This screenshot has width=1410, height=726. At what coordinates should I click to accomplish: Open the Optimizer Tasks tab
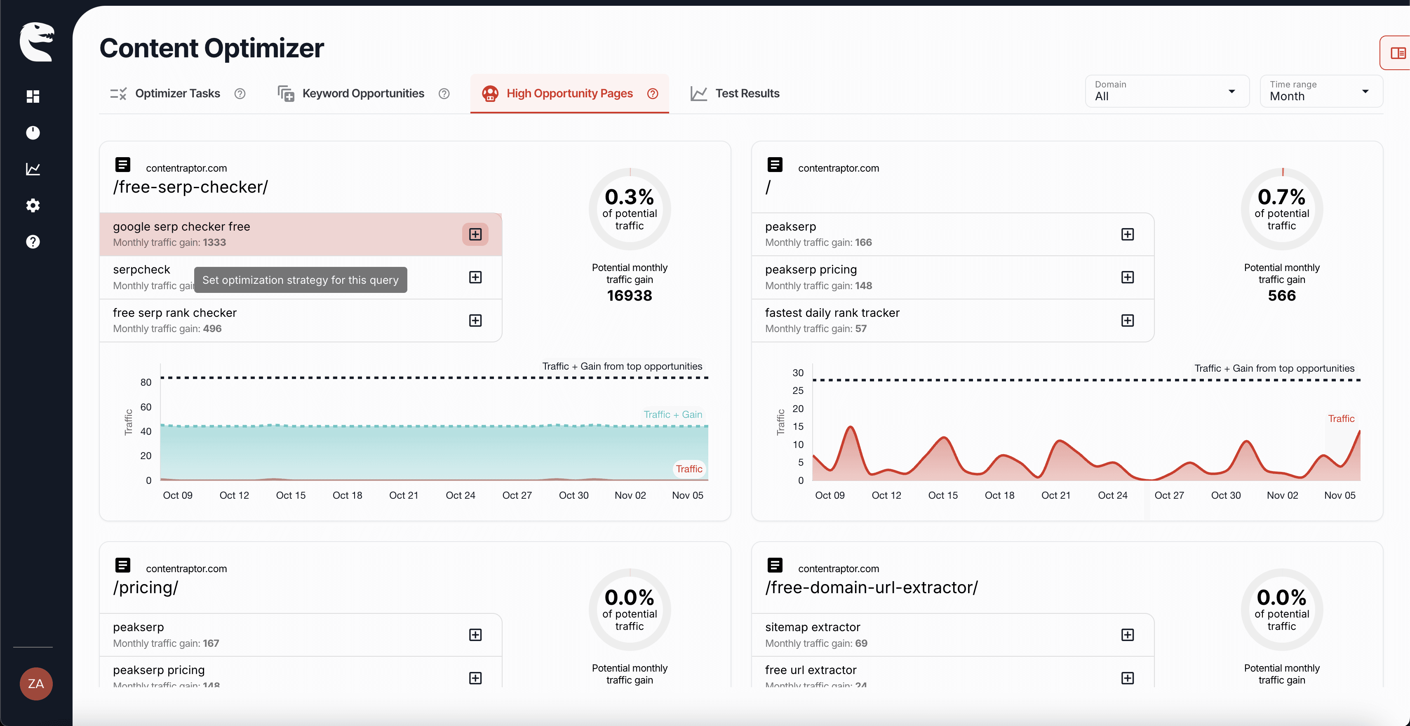[x=177, y=94]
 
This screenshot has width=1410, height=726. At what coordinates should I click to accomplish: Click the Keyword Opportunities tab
[x=362, y=94]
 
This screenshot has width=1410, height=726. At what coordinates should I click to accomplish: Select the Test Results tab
[x=747, y=94]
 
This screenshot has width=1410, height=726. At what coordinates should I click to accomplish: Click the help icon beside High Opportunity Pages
[x=653, y=94]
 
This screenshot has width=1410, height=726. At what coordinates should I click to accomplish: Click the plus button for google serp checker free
[x=475, y=234]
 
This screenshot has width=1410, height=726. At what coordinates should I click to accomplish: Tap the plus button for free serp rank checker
[x=475, y=320]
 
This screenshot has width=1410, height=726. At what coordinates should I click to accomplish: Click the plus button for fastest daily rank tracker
[x=1127, y=320]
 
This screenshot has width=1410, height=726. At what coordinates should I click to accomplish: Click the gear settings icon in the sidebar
[x=33, y=205]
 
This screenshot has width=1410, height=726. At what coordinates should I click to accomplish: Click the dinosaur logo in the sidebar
[x=36, y=42]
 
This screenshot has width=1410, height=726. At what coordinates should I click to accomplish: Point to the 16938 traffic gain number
[x=630, y=296]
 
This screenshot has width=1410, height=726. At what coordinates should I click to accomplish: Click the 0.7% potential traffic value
[x=1281, y=197]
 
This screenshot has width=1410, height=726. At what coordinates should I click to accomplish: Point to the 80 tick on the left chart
[x=146, y=382]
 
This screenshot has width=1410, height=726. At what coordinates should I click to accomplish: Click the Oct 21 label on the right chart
[x=1055, y=495]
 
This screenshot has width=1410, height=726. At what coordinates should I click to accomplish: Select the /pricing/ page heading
[x=146, y=587]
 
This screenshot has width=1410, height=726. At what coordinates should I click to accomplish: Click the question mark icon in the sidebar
[x=33, y=241]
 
